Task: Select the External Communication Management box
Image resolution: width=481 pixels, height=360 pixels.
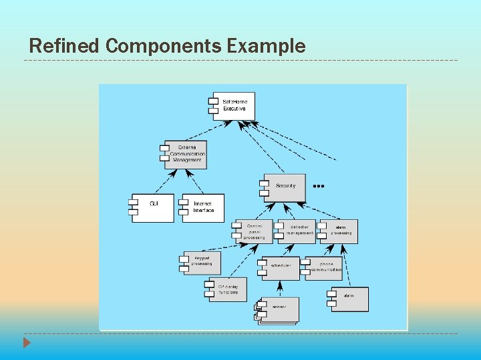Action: click(x=186, y=154)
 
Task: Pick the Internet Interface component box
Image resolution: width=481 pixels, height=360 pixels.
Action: click(x=203, y=207)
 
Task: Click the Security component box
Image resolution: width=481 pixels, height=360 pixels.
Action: click(x=285, y=186)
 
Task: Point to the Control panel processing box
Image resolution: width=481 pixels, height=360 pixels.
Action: click(x=255, y=231)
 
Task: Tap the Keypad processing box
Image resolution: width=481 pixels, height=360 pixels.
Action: click(x=201, y=261)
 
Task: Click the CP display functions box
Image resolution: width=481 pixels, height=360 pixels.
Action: click(x=228, y=289)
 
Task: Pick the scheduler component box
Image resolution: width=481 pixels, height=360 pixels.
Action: click(x=281, y=266)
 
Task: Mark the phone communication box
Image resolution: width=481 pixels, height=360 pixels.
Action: click(x=325, y=267)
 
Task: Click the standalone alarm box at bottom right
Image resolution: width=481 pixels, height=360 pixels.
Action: click(x=349, y=298)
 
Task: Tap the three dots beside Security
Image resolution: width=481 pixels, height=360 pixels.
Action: click(x=319, y=186)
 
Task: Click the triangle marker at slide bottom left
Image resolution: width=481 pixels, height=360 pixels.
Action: click(x=27, y=343)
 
